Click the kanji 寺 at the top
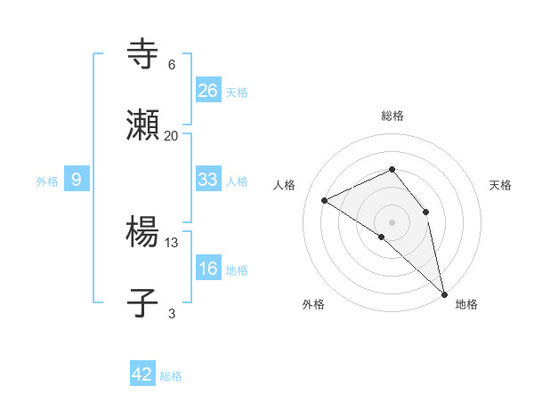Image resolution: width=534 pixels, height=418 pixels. pos(143,55)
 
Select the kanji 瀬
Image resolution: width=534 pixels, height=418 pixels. pos(143,127)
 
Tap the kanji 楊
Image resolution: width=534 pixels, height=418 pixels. pos(143,234)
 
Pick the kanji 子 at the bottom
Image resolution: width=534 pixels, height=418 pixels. pos(143,305)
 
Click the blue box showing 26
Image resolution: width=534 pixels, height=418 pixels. pos(208,91)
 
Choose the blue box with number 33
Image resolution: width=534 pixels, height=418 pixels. pos(208,180)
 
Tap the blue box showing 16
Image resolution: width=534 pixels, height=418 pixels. pos(208,269)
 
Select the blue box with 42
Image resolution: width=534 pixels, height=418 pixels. pos(142,374)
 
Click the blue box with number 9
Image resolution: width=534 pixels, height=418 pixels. pos(77,180)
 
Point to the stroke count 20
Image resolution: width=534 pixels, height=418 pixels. pos(171,135)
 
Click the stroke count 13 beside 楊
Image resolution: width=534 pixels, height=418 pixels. pos(172,242)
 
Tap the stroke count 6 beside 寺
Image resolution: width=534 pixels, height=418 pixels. pos(172,64)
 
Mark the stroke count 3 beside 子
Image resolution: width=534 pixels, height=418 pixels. pos(172,313)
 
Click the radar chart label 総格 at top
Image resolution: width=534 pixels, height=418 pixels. pos(392,116)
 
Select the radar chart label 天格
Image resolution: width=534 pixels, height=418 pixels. pos(500,185)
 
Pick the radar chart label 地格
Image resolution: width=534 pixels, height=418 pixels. pos(466,304)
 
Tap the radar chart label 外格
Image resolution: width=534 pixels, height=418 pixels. pos(313,304)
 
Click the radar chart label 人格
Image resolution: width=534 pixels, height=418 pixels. pos(285,185)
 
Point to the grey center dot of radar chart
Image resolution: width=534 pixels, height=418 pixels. pos(392,221)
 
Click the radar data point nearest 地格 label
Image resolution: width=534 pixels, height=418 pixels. pos(444,293)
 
